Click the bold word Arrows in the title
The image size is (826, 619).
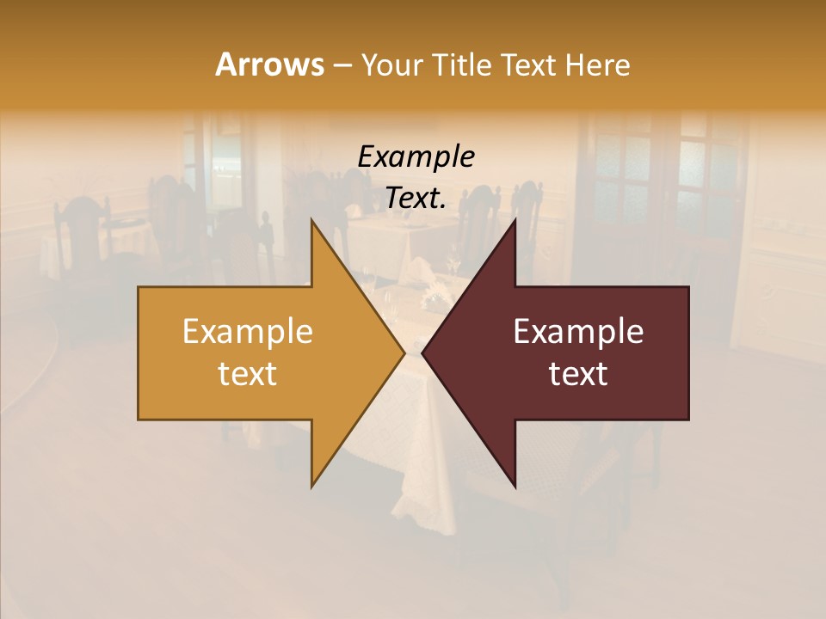pyautogui.click(x=269, y=64)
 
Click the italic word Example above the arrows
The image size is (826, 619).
pyautogui.click(x=416, y=157)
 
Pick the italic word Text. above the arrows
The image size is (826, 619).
pyautogui.click(x=416, y=199)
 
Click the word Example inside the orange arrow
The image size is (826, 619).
pyautogui.click(x=247, y=332)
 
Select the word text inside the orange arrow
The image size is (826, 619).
pyautogui.click(x=247, y=374)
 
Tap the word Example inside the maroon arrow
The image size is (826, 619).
pyautogui.click(x=578, y=332)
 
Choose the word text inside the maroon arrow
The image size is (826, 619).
pyautogui.click(x=578, y=374)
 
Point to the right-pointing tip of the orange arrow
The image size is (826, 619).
pyautogui.click(x=404, y=352)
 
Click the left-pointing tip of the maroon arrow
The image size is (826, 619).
pyautogui.click(x=422, y=352)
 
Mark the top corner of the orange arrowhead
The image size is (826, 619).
pyautogui.click(x=311, y=219)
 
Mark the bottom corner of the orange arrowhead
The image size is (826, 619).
pyautogui.click(x=311, y=487)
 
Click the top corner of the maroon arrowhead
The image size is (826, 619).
pyautogui.click(x=515, y=219)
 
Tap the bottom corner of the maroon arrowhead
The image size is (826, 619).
pyautogui.click(x=515, y=487)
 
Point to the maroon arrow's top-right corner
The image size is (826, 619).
pyautogui.click(x=688, y=287)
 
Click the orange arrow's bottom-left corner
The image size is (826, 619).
pyautogui.click(x=139, y=419)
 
